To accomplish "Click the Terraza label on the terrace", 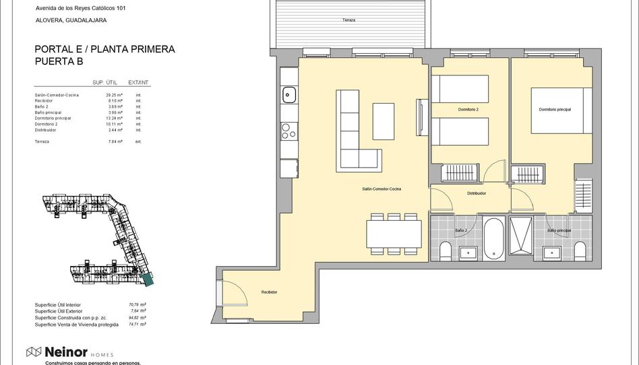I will (x=348, y=20).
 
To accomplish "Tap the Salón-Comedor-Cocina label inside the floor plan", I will (x=382, y=189).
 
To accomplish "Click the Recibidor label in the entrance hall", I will (x=270, y=292).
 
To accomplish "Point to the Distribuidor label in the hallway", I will (x=477, y=193).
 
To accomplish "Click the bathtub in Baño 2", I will (x=493, y=238).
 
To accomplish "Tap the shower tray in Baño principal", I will (x=521, y=236).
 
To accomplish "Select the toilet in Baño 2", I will (x=445, y=252).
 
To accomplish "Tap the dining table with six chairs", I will (x=394, y=234).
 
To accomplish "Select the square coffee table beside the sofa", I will (x=384, y=121).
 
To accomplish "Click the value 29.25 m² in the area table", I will (x=114, y=95).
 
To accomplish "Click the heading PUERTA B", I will (x=61, y=61).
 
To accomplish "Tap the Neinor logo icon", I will (x=34, y=352).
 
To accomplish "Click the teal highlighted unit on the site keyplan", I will (x=147, y=278).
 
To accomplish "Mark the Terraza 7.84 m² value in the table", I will (x=114, y=141).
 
